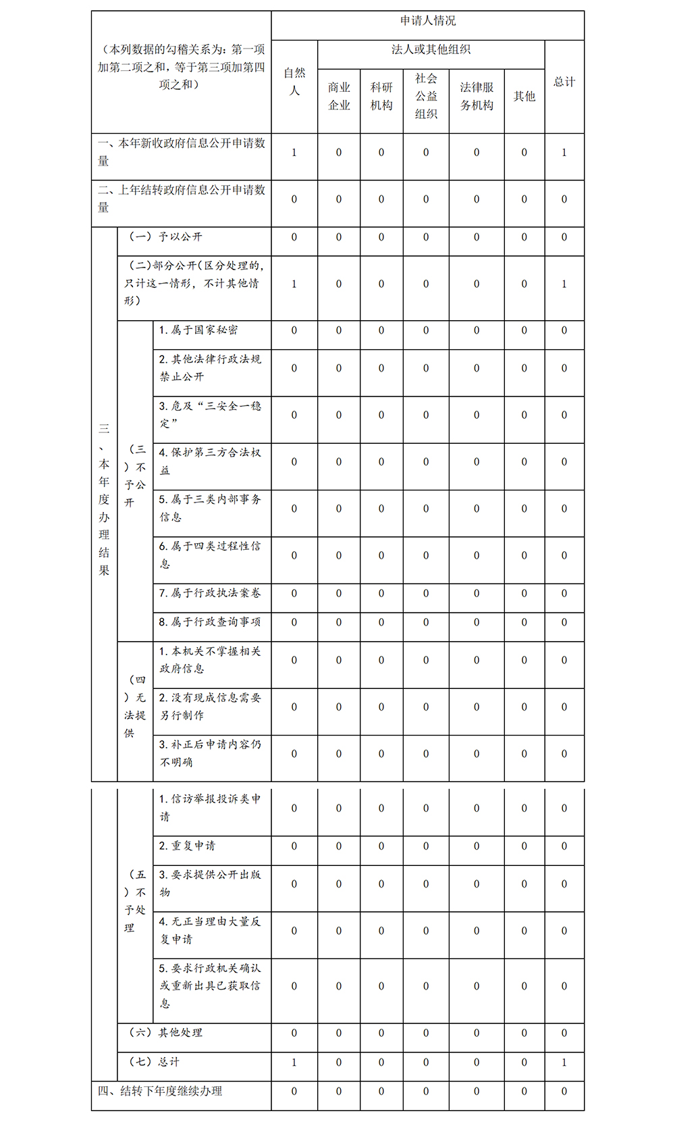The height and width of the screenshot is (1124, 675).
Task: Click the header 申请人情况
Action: coord(428,21)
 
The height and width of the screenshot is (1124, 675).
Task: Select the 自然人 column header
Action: coord(294,82)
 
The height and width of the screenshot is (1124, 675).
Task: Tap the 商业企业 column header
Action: coord(339,97)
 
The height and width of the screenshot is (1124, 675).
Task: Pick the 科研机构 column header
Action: coord(381,97)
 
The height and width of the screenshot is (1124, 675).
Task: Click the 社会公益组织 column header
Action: coord(426,97)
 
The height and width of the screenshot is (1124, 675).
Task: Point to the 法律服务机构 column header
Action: coord(477,97)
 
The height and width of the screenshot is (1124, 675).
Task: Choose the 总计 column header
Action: coord(564,82)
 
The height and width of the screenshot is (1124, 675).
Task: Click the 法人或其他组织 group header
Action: coord(431,49)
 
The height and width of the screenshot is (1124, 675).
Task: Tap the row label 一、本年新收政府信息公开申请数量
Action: coord(181,152)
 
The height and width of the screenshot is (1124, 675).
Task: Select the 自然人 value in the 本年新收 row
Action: coord(294,153)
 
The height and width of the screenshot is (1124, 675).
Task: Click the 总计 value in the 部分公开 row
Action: coord(564,284)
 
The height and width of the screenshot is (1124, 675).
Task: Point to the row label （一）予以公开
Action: coord(165,237)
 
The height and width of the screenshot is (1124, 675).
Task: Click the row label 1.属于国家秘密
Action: coord(198,330)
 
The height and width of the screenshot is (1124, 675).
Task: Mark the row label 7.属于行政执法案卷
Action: coord(210,593)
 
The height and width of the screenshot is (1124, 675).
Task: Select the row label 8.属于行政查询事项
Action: coord(210,622)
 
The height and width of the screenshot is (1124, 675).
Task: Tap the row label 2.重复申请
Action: coord(188,846)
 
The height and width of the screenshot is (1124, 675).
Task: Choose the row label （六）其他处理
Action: coord(165,1033)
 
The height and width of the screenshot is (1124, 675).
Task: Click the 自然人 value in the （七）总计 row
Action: coord(294,1063)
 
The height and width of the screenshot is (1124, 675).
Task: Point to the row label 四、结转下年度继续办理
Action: coord(160,1092)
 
